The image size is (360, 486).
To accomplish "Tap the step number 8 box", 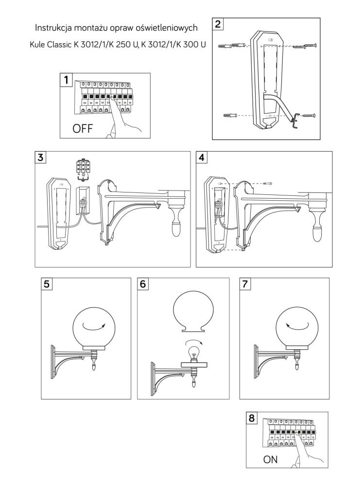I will pos(252,418).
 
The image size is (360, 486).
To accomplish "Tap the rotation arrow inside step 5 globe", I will pos(93,324).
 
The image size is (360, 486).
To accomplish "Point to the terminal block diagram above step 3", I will pos(83,168).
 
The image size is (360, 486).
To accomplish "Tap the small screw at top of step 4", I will pos(267,183).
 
